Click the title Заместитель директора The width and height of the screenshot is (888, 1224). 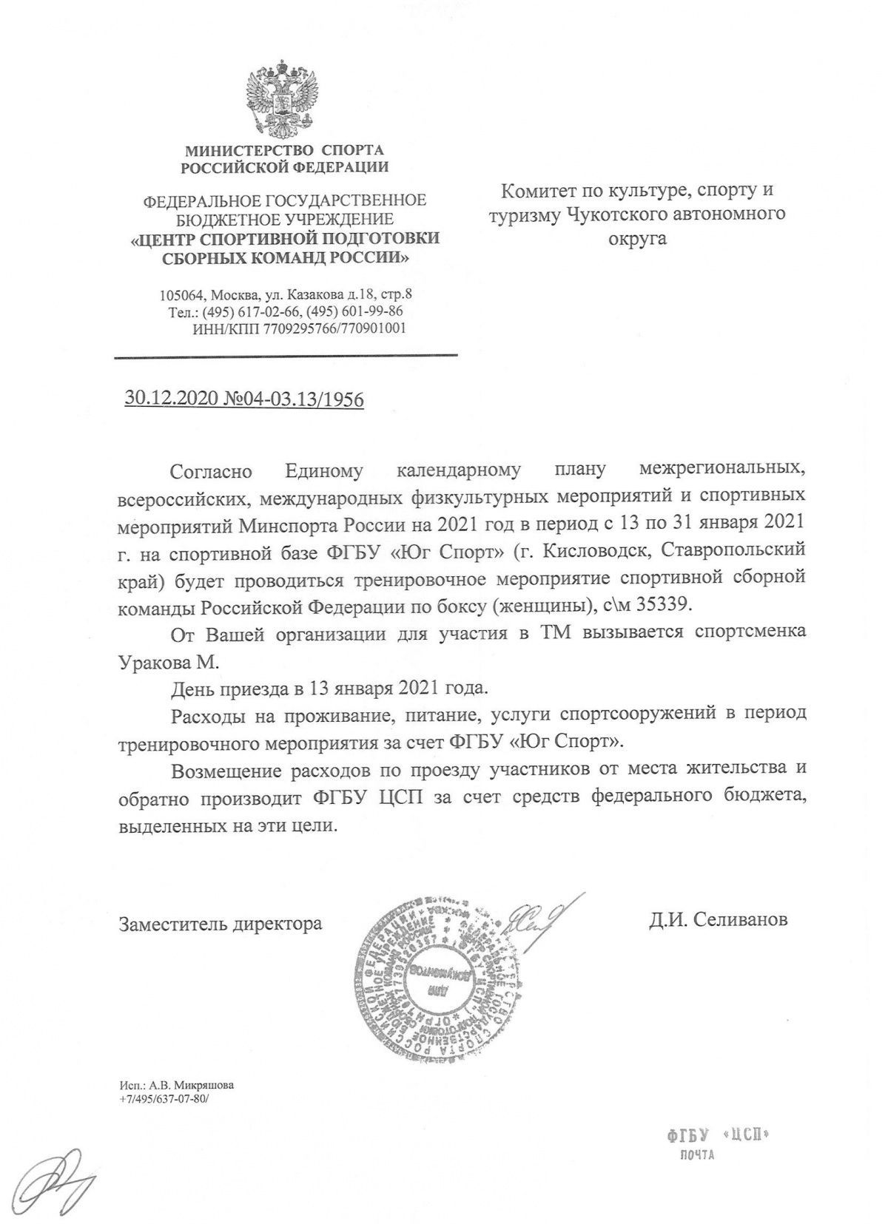pyautogui.click(x=221, y=924)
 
